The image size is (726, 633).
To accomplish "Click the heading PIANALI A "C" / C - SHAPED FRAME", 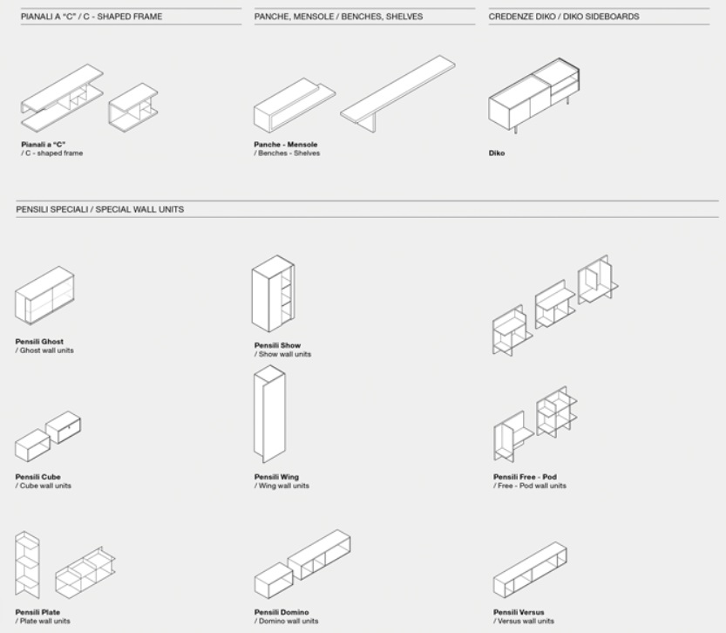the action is pyautogui.click(x=92, y=17).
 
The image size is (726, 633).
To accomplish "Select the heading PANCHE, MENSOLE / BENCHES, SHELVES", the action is pyautogui.click(x=338, y=17).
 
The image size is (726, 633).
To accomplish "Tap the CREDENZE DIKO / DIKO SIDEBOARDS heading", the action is pyautogui.click(x=564, y=17).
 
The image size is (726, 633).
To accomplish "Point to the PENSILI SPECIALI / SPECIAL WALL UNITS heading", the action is pyautogui.click(x=100, y=209).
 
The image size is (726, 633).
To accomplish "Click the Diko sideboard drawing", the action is pyautogui.click(x=533, y=96).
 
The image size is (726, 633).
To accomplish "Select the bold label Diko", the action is pyautogui.click(x=497, y=153).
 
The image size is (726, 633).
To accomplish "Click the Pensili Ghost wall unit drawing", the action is pyautogui.click(x=44, y=296).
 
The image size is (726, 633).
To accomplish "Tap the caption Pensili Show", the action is pyautogui.click(x=277, y=345).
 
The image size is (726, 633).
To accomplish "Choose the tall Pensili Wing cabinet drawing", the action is pyautogui.click(x=270, y=414).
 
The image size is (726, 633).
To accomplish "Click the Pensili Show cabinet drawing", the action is pyautogui.click(x=273, y=294).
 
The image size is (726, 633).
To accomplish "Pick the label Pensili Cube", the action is pyautogui.click(x=38, y=477).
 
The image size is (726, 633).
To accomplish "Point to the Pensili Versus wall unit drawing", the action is pyautogui.click(x=530, y=569).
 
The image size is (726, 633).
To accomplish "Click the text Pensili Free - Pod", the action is pyautogui.click(x=525, y=477).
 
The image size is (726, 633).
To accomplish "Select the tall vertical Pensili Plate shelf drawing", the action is pyautogui.click(x=27, y=565).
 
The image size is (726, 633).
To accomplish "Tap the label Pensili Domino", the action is pyautogui.click(x=282, y=612).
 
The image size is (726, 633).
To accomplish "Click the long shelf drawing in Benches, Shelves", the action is pyautogui.click(x=398, y=93).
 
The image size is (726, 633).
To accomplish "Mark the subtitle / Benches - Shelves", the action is pyautogui.click(x=287, y=153).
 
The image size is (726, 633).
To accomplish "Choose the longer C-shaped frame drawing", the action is pyautogui.click(x=62, y=98).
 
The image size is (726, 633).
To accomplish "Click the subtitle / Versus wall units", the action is pyautogui.click(x=524, y=621).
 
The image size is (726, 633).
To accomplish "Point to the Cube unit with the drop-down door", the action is pyautogui.click(x=63, y=427).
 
